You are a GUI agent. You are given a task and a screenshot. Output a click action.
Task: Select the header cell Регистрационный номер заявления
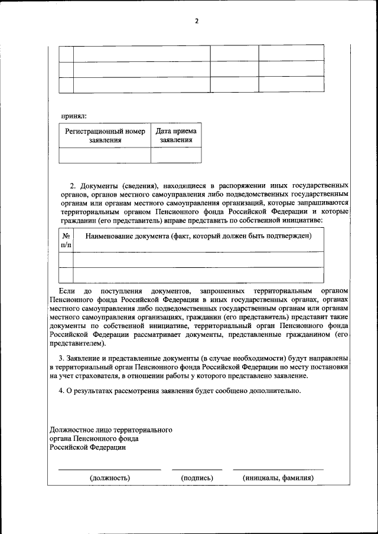click(x=105, y=136)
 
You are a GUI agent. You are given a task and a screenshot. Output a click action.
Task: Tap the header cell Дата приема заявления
click(x=176, y=136)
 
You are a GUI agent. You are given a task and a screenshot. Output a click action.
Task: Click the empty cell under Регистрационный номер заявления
click(x=105, y=155)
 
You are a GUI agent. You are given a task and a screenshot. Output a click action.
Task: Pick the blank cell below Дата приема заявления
click(x=176, y=155)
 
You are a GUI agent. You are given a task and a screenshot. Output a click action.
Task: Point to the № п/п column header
click(x=66, y=240)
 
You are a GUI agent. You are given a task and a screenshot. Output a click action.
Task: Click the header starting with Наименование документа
click(x=198, y=236)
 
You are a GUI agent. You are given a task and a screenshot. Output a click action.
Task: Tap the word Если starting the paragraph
click(x=67, y=291)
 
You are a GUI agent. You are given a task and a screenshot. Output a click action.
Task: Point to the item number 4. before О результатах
click(x=61, y=391)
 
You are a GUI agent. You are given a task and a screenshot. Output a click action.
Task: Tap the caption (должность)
click(x=110, y=478)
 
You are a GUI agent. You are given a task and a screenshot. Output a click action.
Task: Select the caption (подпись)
click(x=197, y=478)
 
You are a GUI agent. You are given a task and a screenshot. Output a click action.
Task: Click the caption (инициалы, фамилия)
click(x=278, y=478)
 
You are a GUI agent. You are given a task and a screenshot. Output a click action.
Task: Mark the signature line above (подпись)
click(x=197, y=470)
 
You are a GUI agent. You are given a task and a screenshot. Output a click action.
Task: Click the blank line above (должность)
click(x=110, y=470)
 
